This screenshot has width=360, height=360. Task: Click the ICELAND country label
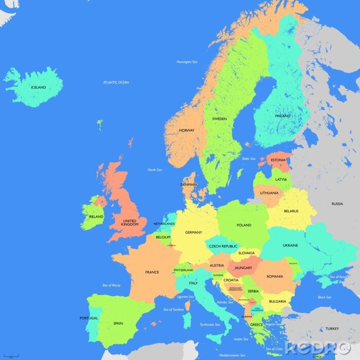tap(38, 87)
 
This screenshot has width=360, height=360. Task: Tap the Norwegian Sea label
tap(187, 62)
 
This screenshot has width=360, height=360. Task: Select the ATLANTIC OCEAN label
tap(116, 82)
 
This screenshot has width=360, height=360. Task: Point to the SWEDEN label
tap(219, 119)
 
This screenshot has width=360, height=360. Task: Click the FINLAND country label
tap(282, 116)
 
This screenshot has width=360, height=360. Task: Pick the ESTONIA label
tap(278, 160)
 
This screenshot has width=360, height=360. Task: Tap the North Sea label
tap(154, 170)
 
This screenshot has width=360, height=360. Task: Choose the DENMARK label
tap(189, 184)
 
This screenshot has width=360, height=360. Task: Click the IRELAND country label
tap(96, 217)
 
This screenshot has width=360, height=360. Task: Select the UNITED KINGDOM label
tap(130, 223)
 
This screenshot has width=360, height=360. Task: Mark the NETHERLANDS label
tap(164, 224)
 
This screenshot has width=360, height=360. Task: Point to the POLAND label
tap(244, 225)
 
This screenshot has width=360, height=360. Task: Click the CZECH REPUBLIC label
tap(223, 246)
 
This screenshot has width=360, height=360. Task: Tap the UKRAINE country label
tap(290, 245)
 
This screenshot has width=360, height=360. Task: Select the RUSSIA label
tap(337, 204)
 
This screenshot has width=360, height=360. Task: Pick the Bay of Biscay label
tap(112, 285)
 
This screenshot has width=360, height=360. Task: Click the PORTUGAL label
tap(88, 318)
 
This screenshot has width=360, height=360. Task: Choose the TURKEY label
tap(332, 328)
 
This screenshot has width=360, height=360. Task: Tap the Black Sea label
tap(325, 297)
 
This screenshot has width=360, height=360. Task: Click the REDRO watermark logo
tap(318, 348)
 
